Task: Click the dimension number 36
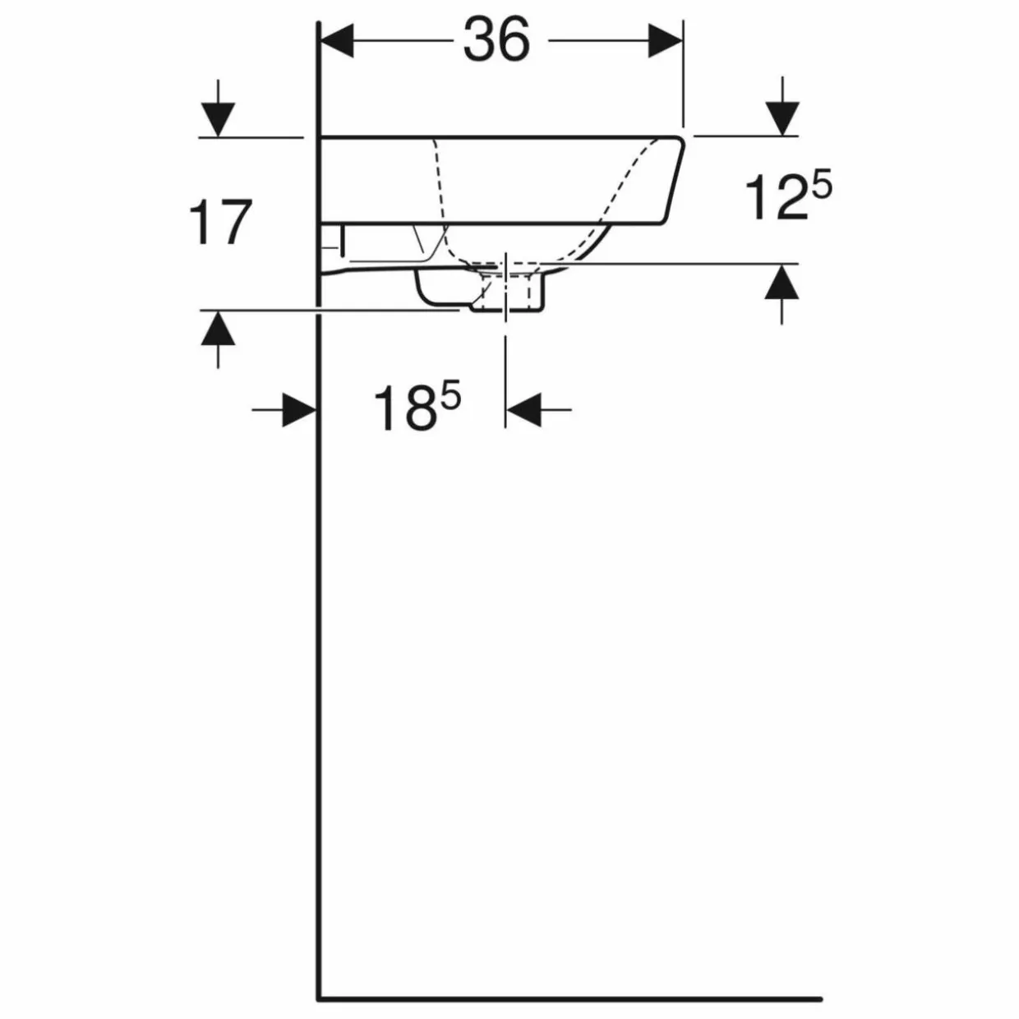tap(496, 39)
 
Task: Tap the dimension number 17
tap(219, 222)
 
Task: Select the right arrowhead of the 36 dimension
tap(665, 40)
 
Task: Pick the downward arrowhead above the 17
tap(218, 119)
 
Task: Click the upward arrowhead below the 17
tap(218, 329)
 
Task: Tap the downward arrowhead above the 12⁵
tap(782, 118)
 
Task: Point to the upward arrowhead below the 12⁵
tap(782, 283)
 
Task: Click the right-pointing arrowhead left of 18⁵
tap(299, 409)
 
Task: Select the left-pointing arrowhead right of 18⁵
tap(523, 409)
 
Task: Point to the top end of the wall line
tap(319, 23)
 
